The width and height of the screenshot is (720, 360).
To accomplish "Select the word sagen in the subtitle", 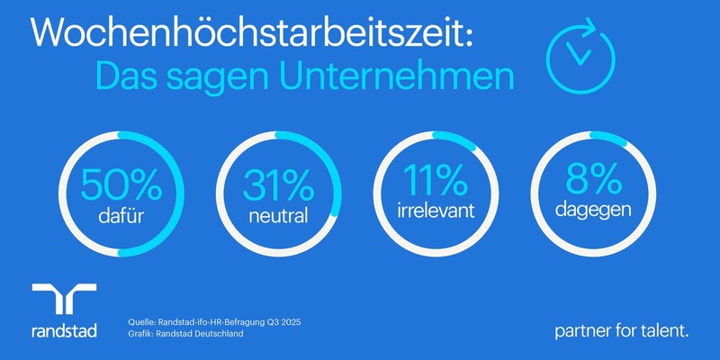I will point(226,77).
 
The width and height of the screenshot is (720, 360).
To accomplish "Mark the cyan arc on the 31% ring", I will point(328,171).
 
